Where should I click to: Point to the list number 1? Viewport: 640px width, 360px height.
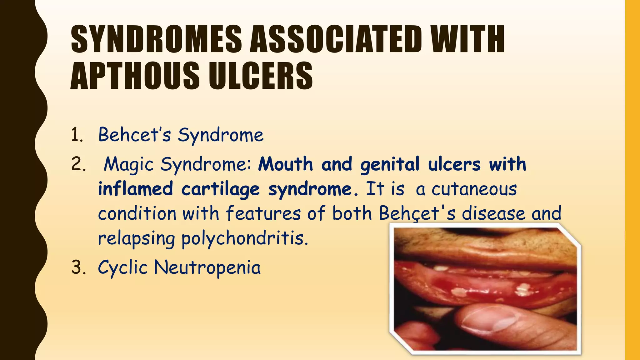pyautogui.click(x=77, y=135)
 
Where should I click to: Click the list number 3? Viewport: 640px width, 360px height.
pyautogui.click(x=78, y=268)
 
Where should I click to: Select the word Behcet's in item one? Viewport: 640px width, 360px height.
pyautogui.click(x=134, y=135)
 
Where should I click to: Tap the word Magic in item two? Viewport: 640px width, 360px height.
pyautogui.click(x=128, y=164)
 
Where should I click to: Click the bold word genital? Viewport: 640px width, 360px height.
pyautogui.click(x=389, y=164)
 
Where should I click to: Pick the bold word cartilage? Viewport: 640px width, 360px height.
pyautogui.click(x=220, y=189)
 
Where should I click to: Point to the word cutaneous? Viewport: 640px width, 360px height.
pyautogui.click(x=474, y=189)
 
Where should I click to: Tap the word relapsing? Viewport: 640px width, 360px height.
pyautogui.click(x=136, y=238)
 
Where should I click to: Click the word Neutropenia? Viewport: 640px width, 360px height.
pyautogui.click(x=207, y=268)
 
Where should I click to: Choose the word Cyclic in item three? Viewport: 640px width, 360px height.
pyautogui.click(x=122, y=268)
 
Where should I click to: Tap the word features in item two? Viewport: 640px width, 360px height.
pyautogui.click(x=263, y=214)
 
